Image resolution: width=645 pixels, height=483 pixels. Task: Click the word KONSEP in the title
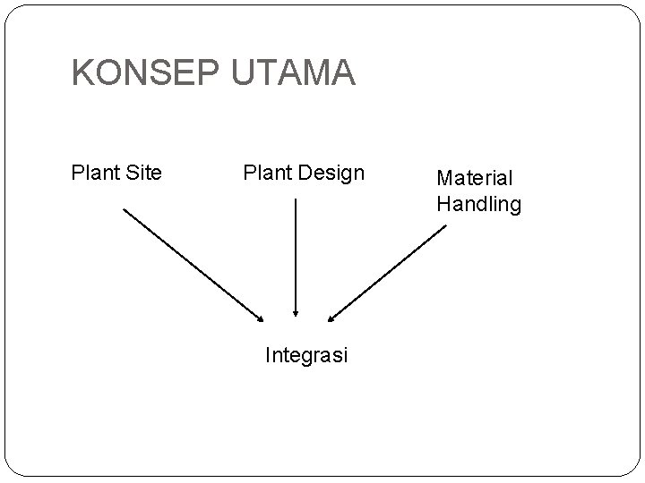pos(145,73)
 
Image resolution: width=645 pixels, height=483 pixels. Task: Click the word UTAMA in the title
pos(293,73)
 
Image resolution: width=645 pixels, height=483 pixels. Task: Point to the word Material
pos(475,179)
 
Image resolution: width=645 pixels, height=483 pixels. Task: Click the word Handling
pos(478,204)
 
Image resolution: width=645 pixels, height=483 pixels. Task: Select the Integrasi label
pos(306,355)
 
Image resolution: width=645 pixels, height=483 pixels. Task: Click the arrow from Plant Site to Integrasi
pos(193,265)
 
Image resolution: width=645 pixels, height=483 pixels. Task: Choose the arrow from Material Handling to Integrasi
pos(387,272)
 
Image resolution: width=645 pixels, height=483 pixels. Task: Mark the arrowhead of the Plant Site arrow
pos(261,317)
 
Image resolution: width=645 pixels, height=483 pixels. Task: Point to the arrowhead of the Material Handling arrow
pos(331,317)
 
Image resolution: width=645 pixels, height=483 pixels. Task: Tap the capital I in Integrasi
pos(269,355)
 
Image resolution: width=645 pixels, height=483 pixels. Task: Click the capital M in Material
pos(444,179)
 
